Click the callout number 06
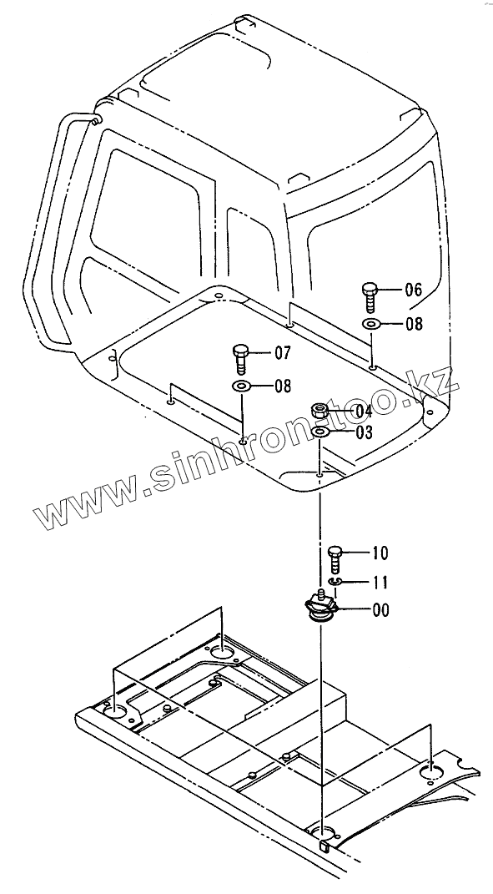coord(414,290)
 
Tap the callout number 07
coord(283,353)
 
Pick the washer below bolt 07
coord(241,387)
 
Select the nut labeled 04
coord(319,409)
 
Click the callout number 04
coord(363,411)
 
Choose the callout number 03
coord(364,432)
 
